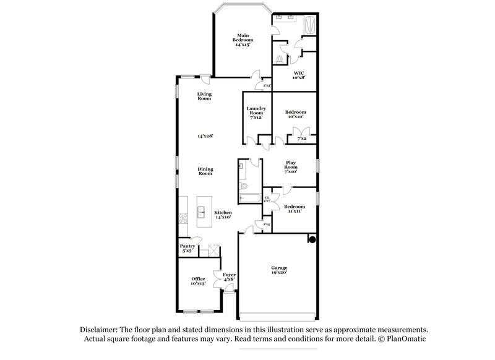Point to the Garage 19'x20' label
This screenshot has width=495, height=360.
point(278,270)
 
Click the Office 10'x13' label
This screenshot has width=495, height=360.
point(198,281)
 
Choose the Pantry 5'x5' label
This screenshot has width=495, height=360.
point(187,248)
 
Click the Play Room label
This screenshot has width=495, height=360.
point(291,167)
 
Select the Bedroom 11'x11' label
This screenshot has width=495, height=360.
point(295,208)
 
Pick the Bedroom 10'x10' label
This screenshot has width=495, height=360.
point(295,114)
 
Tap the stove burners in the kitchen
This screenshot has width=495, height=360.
point(183,218)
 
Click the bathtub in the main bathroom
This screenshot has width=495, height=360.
point(311,24)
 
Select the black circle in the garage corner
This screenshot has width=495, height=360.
point(312,239)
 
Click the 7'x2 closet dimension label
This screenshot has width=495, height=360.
point(302,139)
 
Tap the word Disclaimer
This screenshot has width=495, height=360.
point(98,330)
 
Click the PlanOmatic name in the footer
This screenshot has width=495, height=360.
point(406,340)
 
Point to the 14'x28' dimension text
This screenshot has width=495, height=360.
point(205,135)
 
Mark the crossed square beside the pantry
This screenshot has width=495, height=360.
point(213,250)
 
